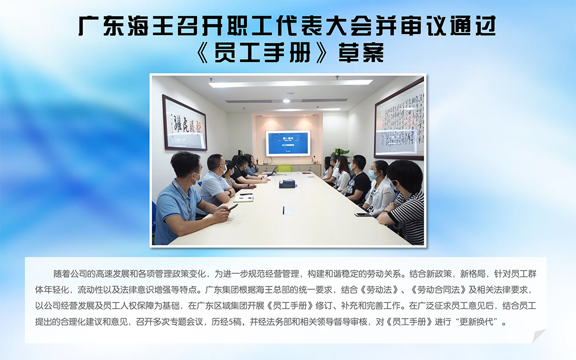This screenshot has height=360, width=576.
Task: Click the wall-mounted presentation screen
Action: tap(288, 143)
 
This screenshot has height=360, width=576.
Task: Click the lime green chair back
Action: tap(284, 168)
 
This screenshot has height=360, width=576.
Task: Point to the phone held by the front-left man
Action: tap(232, 207)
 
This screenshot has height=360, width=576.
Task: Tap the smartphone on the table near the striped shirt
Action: tap(363, 215)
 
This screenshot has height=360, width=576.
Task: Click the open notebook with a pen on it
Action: tap(244, 199)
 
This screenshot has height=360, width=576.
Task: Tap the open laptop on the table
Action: tap(272, 172)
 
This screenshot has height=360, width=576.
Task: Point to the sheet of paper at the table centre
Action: tap(289, 210)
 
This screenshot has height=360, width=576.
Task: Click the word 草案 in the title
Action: tap(361, 53)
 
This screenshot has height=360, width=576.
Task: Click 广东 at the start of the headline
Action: tap(101, 26)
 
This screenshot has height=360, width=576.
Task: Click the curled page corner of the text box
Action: tap(538, 335)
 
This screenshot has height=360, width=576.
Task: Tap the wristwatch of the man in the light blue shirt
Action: tap(228, 192)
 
